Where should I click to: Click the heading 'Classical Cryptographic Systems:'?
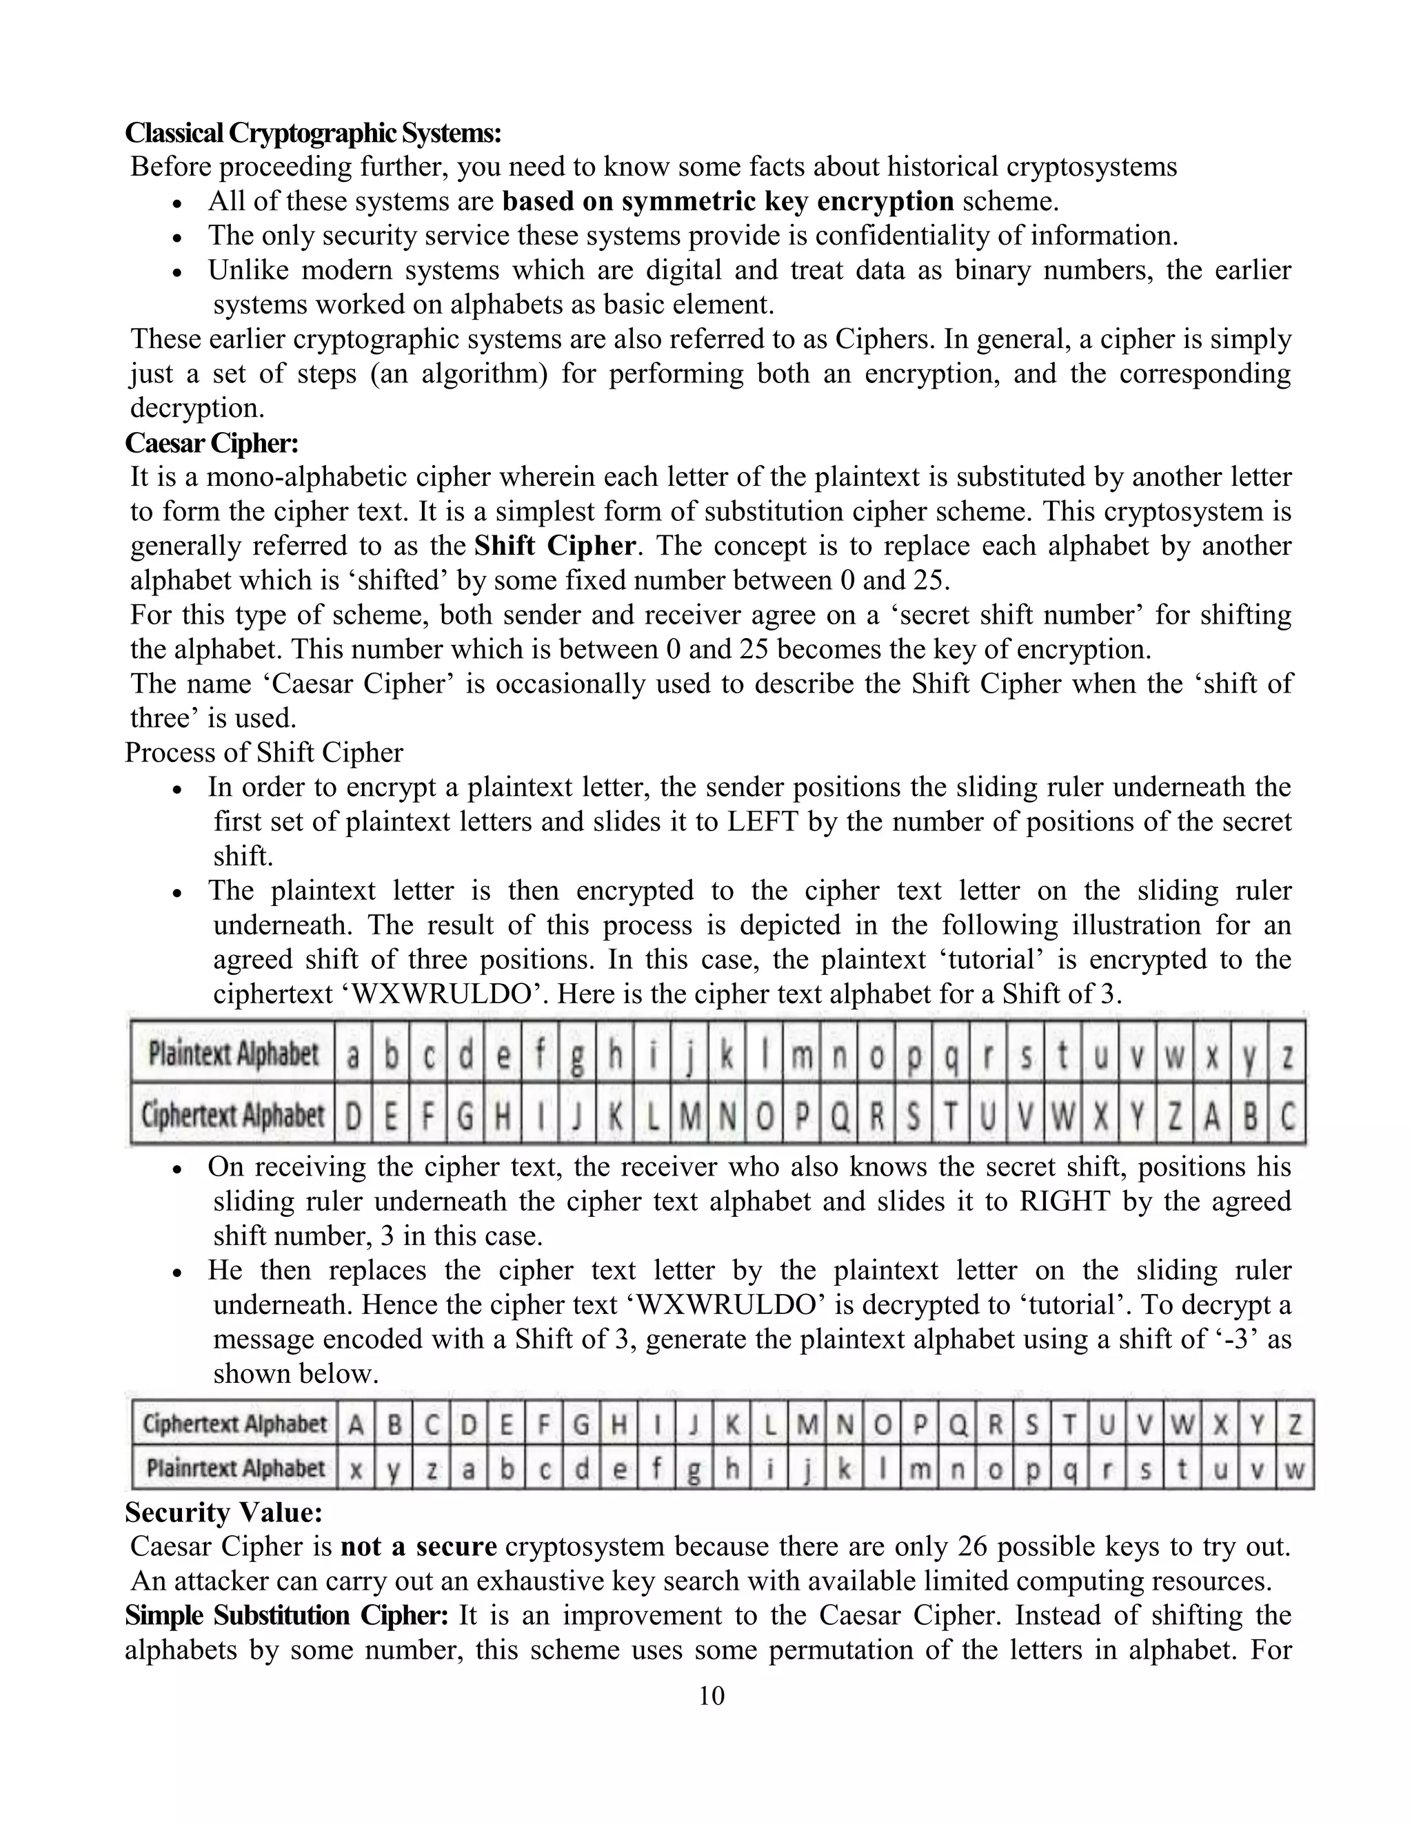[x=313, y=132]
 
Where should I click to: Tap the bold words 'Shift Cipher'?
[x=554, y=545]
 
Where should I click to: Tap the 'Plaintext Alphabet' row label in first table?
[x=234, y=1054]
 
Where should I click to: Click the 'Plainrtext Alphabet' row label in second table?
[x=235, y=1468]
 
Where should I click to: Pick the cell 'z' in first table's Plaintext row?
[x=1287, y=1055]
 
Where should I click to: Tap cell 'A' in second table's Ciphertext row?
[x=356, y=1424]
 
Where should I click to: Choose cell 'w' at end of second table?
[x=1294, y=1469]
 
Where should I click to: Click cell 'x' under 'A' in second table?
[x=356, y=1469]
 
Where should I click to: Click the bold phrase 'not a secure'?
[x=418, y=1546]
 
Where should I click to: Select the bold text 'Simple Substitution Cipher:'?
[x=287, y=1614]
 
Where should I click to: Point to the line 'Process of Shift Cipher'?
[x=263, y=752]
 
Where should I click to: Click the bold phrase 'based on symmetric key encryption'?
[x=728, y=201]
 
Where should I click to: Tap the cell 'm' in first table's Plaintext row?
[x=801, y=1055]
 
